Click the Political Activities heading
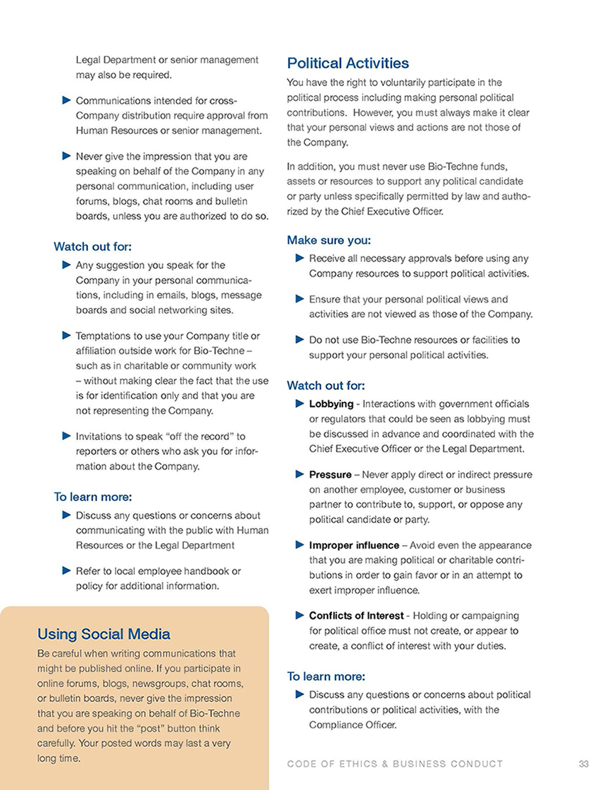(x=348, y=63)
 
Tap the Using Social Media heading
(x=104, y=634)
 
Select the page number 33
(x=584, y=764)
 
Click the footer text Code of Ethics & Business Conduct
(x=395, y=764)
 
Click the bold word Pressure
(x=330, y=474)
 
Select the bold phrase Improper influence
(x=354, y=545)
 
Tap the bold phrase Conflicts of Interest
(x=356, y=615)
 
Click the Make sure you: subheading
(x=328, y=240)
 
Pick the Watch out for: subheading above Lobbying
(x=326, y=385)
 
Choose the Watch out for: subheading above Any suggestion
(x=93, y=246)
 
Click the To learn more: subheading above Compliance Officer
(x=326, y=676)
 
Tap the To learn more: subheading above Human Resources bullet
(x=93, y=497)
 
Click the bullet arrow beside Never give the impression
(x=67, y=155)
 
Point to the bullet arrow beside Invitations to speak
(x=67, y=436)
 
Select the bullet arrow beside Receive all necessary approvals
(x=300, y=258)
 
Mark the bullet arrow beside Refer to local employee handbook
(x=67, y=571)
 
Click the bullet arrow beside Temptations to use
(x=67, y=335)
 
